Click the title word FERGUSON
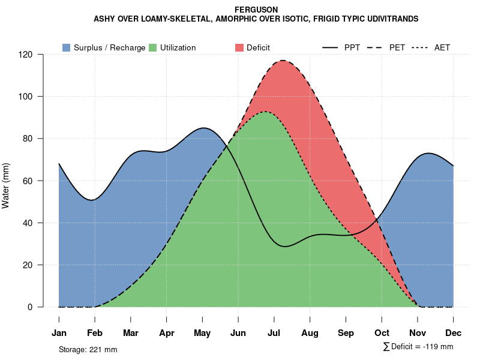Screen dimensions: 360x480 (256, 10)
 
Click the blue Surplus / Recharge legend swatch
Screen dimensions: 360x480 (66, 47)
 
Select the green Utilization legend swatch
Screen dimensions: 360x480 (152, 47)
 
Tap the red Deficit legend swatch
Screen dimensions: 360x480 (239, 47)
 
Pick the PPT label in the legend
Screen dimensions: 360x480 (352, 47)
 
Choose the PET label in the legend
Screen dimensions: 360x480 (397, 47)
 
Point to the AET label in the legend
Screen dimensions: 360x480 (442, 47)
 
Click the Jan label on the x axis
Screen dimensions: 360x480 (59, 333)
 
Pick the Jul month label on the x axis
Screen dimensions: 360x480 (274, 333)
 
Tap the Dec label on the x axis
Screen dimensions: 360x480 (454, 333)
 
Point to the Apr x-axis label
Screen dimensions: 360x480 (167, 333)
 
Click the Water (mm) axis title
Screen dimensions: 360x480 (6, 185)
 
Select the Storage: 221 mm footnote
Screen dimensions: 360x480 (88, 349)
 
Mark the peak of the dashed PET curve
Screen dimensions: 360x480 (281, 60)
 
